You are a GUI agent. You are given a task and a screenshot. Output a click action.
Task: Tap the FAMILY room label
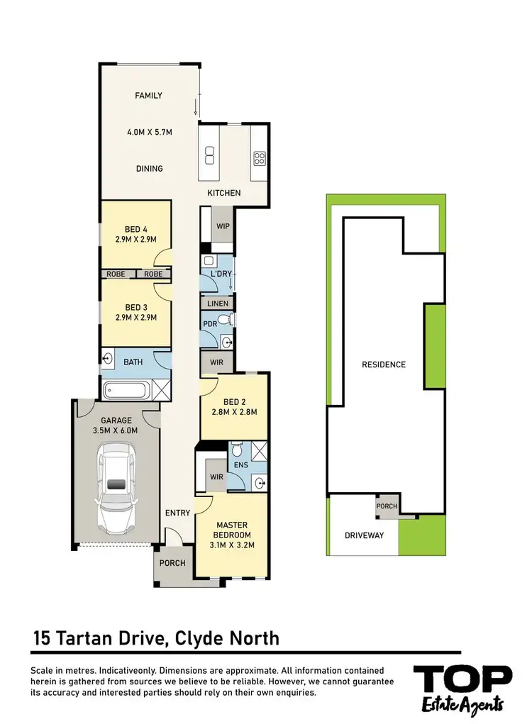click(149, 96)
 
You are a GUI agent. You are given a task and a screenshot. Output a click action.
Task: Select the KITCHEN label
click(223, 193)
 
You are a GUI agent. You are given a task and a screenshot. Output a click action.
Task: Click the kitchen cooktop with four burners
click(259, 158)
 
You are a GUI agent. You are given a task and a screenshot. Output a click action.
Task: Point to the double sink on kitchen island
click(210, 155)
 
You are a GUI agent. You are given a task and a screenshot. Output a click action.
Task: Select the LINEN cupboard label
click(218, 303)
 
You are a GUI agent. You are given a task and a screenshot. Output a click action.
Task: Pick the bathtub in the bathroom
click(126, 389)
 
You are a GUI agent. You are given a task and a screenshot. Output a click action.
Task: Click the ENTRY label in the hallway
click(177, 513)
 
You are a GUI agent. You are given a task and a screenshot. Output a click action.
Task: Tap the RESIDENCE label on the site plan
click(384, 364)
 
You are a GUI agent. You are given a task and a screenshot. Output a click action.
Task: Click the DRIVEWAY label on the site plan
click(364, 535)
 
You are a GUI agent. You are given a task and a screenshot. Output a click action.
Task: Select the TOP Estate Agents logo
click(462, 687)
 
